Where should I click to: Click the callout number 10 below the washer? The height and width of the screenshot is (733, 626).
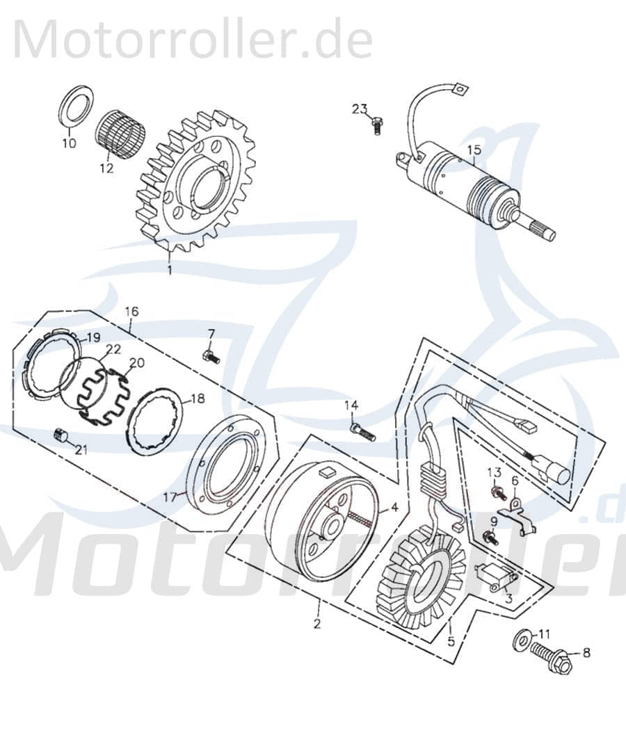[x=68, y=144]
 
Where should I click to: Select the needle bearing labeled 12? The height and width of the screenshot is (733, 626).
[x=115, y=135]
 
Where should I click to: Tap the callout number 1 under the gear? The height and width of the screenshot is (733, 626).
[x=169, y=270]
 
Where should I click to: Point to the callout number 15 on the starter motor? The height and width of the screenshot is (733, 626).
[x=474, y=149]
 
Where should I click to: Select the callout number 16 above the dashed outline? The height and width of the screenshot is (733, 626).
[x=132, y=311]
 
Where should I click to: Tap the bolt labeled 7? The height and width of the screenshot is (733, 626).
[x=210, y=357]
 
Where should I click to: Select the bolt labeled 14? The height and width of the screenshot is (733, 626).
[x=362, y=432]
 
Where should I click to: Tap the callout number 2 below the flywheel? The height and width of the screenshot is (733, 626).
[x=317, y=624]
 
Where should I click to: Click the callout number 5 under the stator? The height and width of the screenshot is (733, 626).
[x=451, y=641]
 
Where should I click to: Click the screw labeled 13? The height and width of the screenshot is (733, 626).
[x=497, y=492]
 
